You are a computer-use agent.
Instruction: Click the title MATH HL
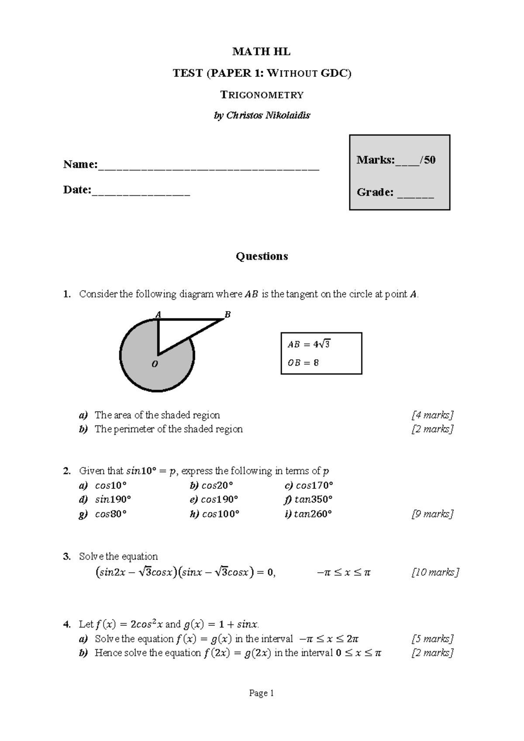click(261, 52)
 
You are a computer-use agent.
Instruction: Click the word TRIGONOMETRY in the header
click(262, 95)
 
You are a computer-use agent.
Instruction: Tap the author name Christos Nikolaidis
click(268, 116)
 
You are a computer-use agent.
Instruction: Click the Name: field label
click(80, 165)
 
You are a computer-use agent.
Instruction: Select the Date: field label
click(77, 190)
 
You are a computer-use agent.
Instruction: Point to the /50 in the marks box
click(427, 160)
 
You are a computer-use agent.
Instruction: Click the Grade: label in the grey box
click(375, 192)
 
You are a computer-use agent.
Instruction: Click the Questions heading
click(262, 256)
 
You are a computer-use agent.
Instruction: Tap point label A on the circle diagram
click(158, 314)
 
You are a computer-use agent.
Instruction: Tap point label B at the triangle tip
click(227, 315)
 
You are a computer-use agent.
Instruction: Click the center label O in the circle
click(155, 364)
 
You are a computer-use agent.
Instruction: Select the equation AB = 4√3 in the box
click(308, 344)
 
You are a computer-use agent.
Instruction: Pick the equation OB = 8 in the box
click(303, 363)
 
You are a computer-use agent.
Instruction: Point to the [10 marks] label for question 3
click(435, 572)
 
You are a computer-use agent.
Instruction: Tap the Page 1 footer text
click(261, 693)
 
